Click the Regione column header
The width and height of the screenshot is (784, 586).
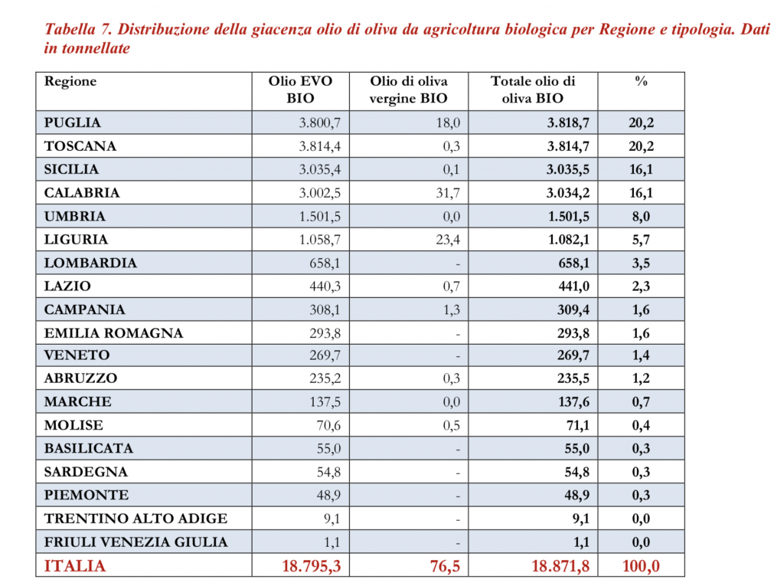tap(70, 82)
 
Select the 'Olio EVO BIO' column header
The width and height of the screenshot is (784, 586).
tap(300, 90)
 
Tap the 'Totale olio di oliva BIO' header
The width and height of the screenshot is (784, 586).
tap(533, 90)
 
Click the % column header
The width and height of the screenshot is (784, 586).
tap(641, 82)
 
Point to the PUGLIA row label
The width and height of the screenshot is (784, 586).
tap(73, 123)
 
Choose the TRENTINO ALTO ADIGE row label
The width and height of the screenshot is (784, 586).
tap(136, 519)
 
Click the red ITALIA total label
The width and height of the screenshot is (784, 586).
tap(75, 566)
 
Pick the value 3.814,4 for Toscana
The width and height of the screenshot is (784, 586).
tap(320, 146)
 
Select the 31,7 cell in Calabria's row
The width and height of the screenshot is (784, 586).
tap(447, 193)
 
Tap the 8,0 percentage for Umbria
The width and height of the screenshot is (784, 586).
tap(641, 217)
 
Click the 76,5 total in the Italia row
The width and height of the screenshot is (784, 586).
tap(443, 566)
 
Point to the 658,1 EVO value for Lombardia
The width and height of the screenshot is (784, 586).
tap(324, 264)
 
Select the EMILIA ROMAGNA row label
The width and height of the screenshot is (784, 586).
tap(113, 333)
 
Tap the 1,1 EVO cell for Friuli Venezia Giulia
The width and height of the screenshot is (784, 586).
tap(332, 542)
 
